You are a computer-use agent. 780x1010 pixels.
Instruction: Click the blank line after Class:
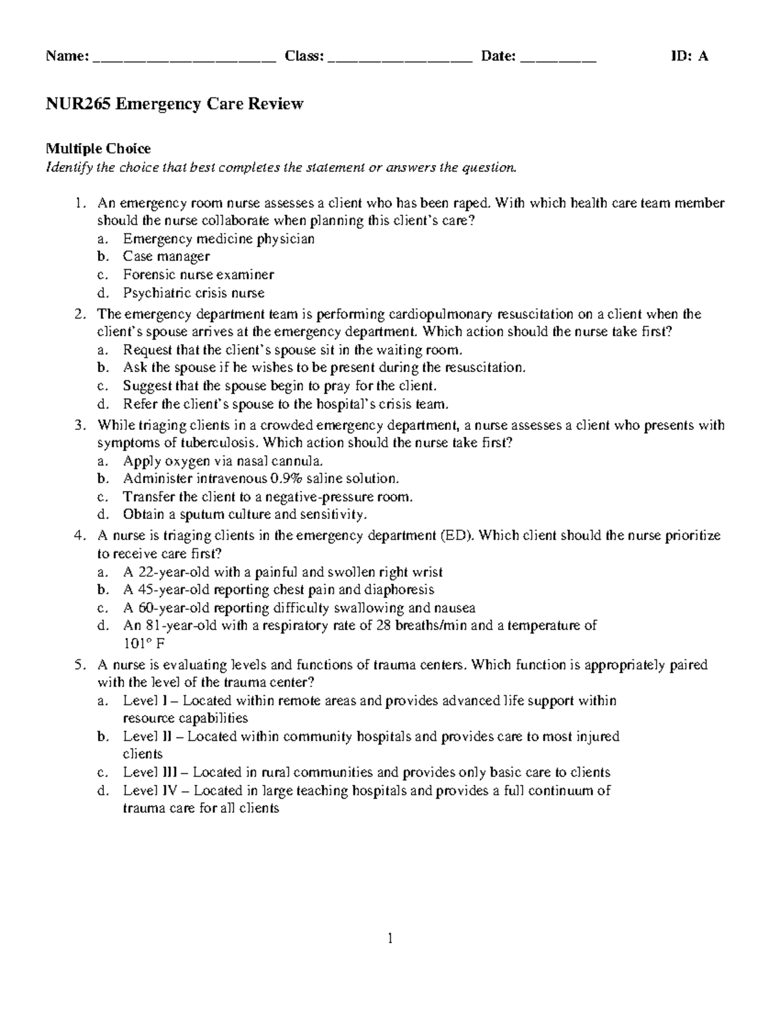(x=400, y=59)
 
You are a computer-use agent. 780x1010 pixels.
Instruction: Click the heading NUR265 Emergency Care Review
(x=174, y=104)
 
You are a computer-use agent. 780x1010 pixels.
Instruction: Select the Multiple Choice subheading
(x=97, y=149)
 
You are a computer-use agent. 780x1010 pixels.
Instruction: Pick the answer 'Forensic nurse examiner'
(x=198, y=274)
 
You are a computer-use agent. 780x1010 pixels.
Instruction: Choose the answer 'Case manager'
(x=166, y=256)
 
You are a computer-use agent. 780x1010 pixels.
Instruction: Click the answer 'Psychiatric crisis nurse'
(x=194, y=293)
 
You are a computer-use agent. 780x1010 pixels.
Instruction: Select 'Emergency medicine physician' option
(x=219, y=239)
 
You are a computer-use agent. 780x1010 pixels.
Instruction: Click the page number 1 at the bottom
(x=390, y=938)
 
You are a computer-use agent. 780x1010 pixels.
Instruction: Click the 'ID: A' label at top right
(x=689, y=57)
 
